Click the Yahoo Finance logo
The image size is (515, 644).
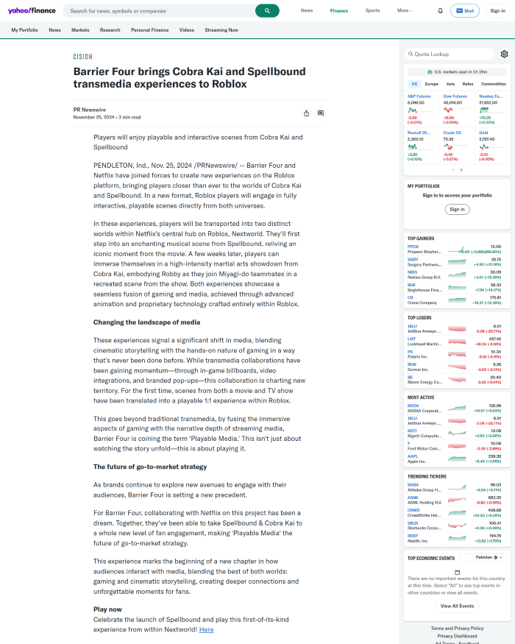(32, 11)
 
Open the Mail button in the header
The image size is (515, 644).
(464, 11)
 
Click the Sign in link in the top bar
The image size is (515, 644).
(497, 11)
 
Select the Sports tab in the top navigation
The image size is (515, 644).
(372, 11)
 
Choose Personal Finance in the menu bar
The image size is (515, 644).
(149, 30)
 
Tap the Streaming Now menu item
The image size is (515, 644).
(221, 30)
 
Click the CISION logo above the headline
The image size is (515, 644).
(82, 57)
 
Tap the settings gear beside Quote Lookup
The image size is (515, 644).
(504, 54)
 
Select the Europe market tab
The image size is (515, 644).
(431, 84)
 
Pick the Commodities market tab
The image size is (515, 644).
(494, 84)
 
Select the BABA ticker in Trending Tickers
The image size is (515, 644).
(413, 485)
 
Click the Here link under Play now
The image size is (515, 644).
(206, 629)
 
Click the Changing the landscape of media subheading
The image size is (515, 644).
(146, 322)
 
